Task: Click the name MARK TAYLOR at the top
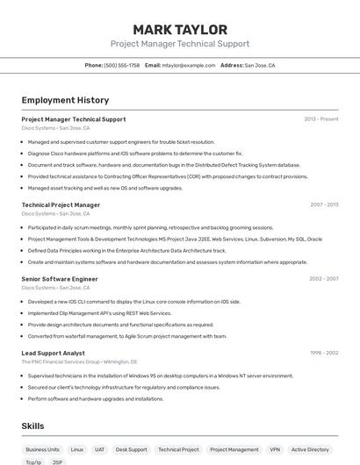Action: (x=180, y=30)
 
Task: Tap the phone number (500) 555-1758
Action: (x=121, y=65)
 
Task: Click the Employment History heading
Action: (x=65, y=100)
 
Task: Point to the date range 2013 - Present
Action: (x=321, y=119)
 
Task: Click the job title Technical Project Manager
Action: (x=61, y=204)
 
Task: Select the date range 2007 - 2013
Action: (x=324, y=204)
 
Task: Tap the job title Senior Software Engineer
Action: (x=60, y=279)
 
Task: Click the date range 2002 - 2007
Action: (x=323, y=279)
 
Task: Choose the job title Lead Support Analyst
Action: (x=54, y=353)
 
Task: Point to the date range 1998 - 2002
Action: (x=323, y=353)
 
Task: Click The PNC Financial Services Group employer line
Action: (x=79, y=361)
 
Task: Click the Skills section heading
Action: (x=33, y=426)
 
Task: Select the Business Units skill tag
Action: (x=42, y=449)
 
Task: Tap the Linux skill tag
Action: (x=77, y=449)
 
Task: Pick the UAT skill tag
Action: (x=100, y=449)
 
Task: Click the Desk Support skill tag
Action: (x=132, y=449)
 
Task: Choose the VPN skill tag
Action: (x=275, y=449)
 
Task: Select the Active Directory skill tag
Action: (x=310, y=449)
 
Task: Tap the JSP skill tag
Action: (x=57, y=461)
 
